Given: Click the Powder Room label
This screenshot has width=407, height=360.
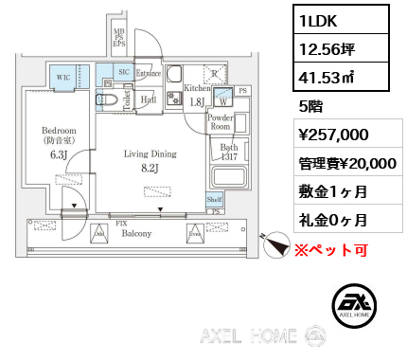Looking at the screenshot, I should tap(220, 121).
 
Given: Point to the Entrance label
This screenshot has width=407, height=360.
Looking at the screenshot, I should tap(149, 73).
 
